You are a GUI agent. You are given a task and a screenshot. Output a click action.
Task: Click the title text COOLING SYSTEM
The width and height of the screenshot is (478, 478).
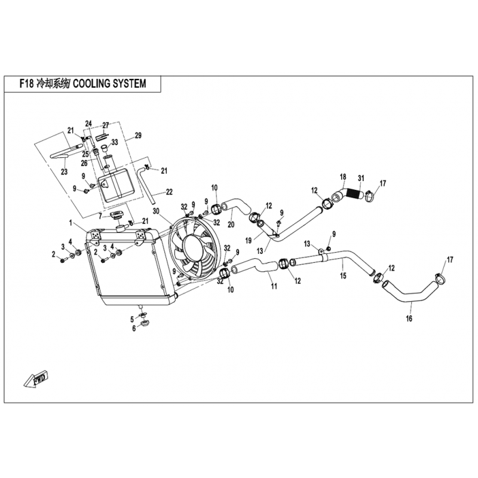coord(110,83)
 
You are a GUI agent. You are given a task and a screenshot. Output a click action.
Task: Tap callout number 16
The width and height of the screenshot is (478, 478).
coord(409,318)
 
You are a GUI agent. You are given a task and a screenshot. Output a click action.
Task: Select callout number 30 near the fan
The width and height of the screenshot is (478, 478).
coord(156,211)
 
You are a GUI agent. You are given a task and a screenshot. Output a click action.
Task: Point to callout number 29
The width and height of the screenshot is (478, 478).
coord(138,135)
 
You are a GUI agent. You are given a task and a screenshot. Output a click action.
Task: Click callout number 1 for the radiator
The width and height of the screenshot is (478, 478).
coord(71,223)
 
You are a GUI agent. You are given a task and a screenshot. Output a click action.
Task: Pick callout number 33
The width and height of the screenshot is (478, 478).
coord(114,142)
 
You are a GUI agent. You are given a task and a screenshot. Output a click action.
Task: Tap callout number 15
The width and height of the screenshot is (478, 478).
coord(343,275)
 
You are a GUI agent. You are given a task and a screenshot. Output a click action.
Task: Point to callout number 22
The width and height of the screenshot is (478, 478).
coord(169,192)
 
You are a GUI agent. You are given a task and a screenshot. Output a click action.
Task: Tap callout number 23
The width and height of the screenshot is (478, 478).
coord(64,171)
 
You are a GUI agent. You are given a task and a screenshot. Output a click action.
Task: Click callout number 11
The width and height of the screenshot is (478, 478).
coord(274,286)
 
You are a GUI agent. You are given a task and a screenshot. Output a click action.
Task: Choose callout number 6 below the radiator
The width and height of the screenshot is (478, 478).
coord(134,329)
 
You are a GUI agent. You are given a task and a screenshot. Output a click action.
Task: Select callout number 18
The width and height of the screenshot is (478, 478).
coord(343,177)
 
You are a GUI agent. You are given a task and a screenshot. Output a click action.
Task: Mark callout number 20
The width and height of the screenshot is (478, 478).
coord(231,225)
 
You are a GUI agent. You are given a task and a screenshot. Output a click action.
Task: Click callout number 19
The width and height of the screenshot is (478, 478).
coord(249,241)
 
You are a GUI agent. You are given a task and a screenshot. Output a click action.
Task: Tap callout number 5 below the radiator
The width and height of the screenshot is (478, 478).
coord(132,320)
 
